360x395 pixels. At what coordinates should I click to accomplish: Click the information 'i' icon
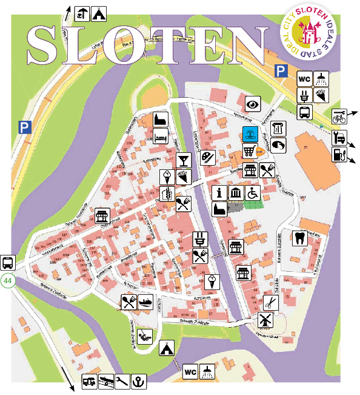(219, 193)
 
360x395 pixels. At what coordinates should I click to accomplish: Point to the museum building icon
(235, 193)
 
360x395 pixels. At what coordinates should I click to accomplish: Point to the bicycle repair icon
(339, 116)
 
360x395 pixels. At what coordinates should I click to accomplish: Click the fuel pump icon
(339, 154)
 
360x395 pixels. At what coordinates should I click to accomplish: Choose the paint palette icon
(208, 157)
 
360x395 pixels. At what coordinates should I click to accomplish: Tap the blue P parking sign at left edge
(24, 127)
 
